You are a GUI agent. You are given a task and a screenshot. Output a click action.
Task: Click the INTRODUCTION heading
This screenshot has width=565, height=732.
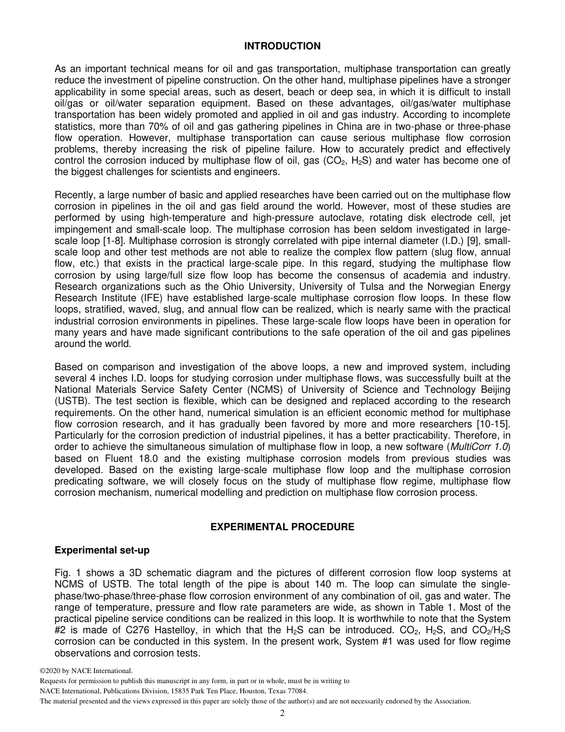[282, 46]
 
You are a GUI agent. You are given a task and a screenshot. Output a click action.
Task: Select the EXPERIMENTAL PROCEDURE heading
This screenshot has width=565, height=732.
[282, 527]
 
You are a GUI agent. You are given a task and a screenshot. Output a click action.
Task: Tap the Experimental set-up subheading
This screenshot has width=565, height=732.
[102, 550]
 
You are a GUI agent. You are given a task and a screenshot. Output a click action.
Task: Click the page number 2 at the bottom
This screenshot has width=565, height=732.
[282, 714]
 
